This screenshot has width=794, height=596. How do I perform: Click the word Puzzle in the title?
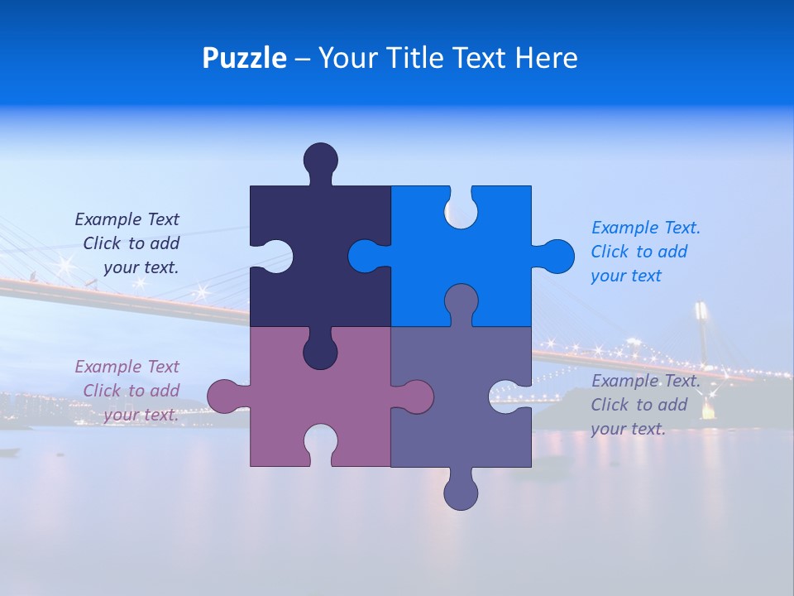[x=244, y=59]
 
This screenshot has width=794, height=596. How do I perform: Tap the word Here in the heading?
[x=545, y=59]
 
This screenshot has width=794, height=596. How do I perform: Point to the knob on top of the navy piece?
[x=321, y=160]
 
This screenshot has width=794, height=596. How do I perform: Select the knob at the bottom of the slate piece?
[x=461, y=492]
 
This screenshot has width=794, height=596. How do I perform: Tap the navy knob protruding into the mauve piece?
[x=321, y=353]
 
